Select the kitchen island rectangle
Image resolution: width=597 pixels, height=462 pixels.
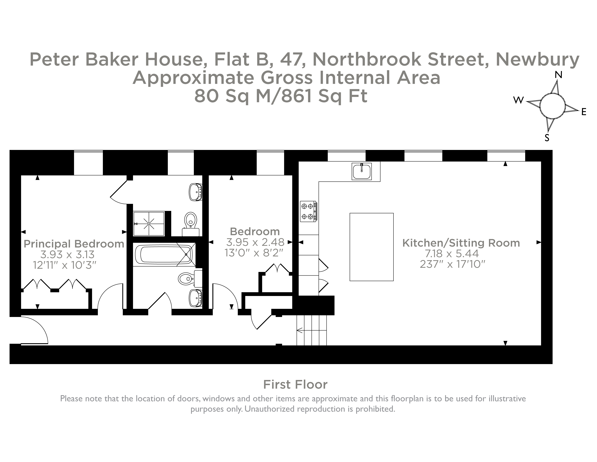point(371,247)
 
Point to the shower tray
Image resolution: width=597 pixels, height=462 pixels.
point(149,224)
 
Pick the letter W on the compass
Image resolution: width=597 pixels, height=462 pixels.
point(518,100)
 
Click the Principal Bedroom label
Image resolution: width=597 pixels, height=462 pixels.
point(74,244)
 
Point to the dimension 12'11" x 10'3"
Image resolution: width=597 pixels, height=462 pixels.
point(65,265)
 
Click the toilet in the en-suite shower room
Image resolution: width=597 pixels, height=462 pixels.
point(191,220)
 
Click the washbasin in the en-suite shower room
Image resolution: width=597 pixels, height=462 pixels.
point(195,192)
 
